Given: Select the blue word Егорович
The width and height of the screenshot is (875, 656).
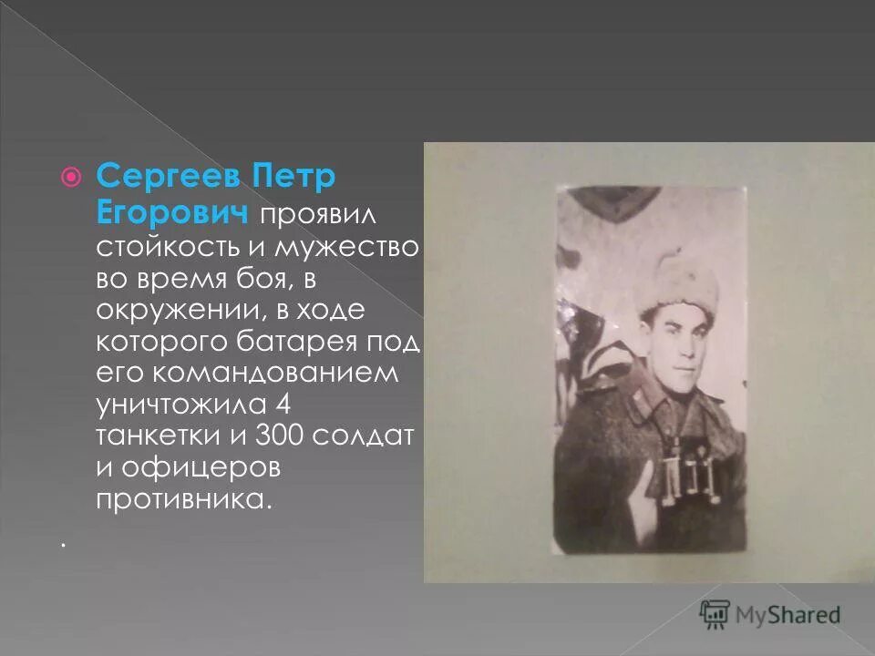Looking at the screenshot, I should click(x=172, y=212).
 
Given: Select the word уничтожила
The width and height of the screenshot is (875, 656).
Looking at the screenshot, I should click(x=181, y=405).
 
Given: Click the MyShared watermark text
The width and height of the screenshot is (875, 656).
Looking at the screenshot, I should click(x=789, y=615).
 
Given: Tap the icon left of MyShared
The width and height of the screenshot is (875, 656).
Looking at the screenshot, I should click(x=715, y=614).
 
